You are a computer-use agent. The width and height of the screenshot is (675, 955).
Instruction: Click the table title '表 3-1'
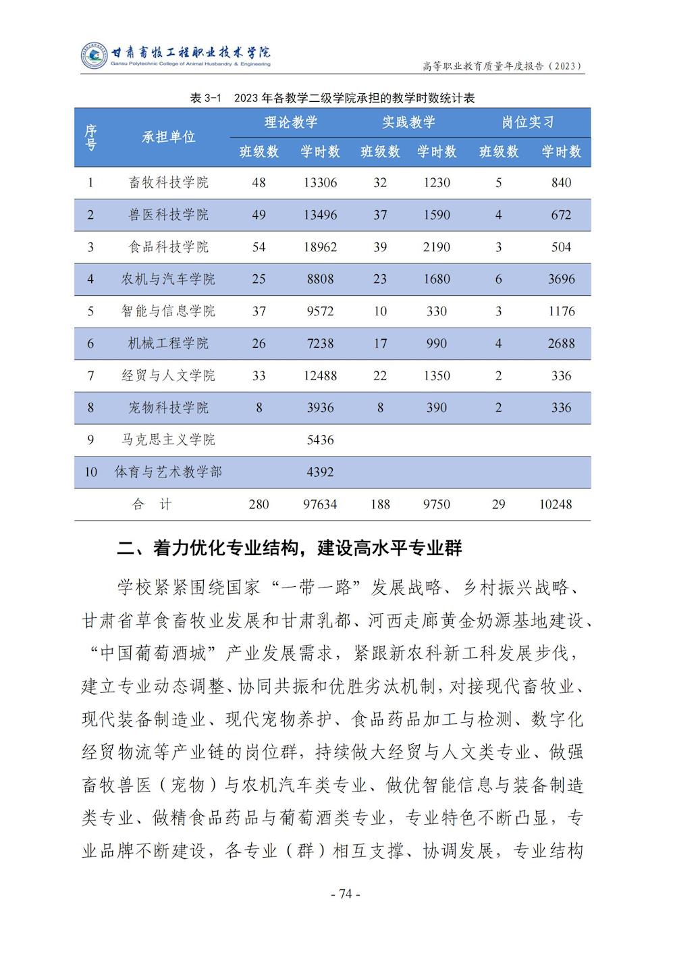[x=205, y=98]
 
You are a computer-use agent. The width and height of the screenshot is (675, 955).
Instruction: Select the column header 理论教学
[x=290, y=122]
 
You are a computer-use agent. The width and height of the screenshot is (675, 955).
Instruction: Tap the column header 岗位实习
[x=528, y=122]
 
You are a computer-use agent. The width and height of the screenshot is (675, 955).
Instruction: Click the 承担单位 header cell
[x=168, y=136]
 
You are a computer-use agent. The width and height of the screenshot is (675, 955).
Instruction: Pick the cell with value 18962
[x=320, y=247]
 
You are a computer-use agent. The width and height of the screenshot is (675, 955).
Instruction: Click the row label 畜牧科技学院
[x=168, y=182]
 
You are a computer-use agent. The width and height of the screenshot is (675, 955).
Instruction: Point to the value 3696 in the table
[x=561, y=279]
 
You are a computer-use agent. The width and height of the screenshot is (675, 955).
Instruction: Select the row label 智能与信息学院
[x=168, y=311]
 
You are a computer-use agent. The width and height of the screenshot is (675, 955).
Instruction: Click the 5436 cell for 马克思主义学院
[x=320, y=440]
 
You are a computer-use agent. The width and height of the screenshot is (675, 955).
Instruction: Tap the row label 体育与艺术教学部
[x=168, y=472]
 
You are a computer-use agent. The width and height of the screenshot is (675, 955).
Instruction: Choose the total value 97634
[x=320, y=505]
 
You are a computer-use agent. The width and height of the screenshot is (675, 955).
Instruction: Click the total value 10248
[x=556, y=505]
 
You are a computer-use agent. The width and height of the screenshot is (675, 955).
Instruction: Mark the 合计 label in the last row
[x=152, y=505]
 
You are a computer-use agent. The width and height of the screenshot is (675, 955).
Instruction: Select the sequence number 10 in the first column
[x=90, y=472]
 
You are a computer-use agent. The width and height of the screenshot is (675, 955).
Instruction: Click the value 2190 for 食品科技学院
[x=437, y=247]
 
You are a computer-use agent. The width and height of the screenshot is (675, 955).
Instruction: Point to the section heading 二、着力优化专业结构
[x=290, y=548]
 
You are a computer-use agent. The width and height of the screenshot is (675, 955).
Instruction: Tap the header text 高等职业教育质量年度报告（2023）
[x=502, y=66]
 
